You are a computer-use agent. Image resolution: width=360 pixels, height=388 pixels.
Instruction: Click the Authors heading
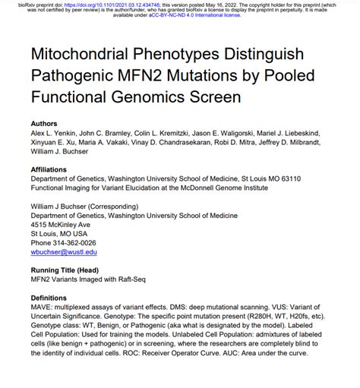43,123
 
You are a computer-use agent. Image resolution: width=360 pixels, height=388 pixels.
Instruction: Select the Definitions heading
49,297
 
